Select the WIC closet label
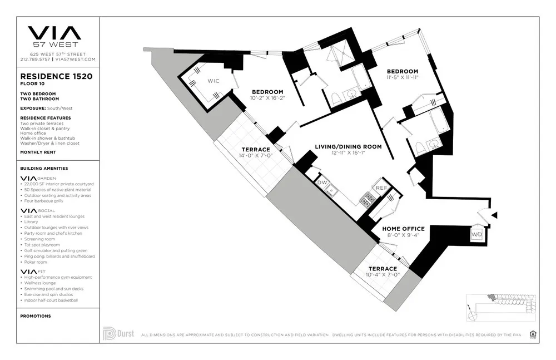pos(214,81)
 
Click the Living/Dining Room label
pos(348,147)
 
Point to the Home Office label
pos(404,229)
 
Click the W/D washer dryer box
pos(477,234)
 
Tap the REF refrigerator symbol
pos(381,188)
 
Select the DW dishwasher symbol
pos(322,182)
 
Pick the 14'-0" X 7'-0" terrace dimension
pos(255,156)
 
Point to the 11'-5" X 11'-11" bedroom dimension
pos(403,77)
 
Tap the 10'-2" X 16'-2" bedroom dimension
pos(267,98)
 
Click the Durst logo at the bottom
pos(117,334)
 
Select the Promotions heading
pos(36,316)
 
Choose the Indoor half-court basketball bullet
pos(51,300)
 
